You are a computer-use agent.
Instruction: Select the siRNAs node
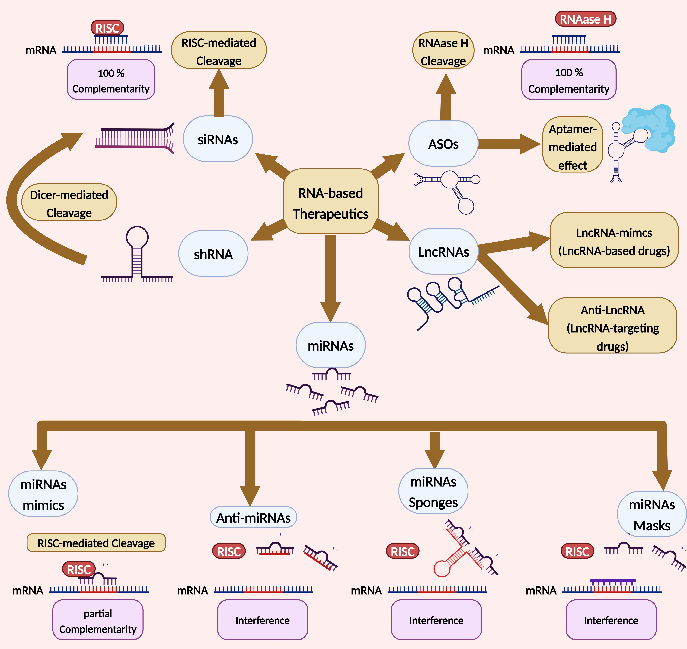click(x=218, y=139)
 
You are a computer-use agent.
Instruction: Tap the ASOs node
click(x=443, y=144)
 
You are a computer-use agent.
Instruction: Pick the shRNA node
click(x=213, y=254)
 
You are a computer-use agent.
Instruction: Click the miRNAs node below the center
click(x=330, y=345)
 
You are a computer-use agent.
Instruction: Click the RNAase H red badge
click(x=585, y=19)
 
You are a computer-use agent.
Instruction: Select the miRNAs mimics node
click(x=43, y=494)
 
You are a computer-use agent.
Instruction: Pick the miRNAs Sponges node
click(x=433, y=491)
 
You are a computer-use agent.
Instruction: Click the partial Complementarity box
click(x=98, y=621)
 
